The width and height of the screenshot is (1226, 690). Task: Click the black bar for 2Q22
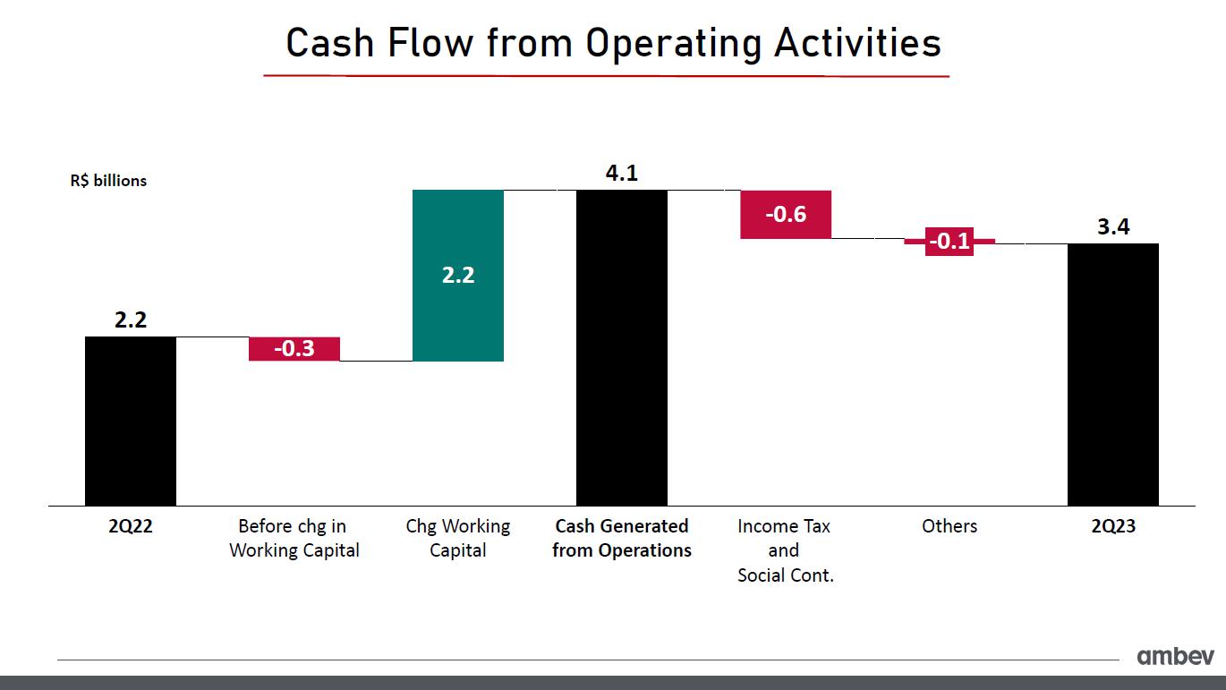(x=131, y=421)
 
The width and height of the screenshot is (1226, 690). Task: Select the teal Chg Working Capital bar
(x=458, y=276)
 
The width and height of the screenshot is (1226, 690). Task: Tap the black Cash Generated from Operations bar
(x=622, y=347)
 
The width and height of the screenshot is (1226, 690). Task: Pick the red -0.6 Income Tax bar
(x=786, y=215)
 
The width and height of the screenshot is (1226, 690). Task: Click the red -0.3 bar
(x=294, y=348)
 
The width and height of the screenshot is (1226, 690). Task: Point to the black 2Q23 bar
(x=1113, y=374)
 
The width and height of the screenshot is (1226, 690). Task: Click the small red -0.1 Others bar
(x=949, y=242)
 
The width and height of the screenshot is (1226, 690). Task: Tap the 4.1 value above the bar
(x=622, y=173)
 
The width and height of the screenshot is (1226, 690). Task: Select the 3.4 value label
(x=1114, y=226)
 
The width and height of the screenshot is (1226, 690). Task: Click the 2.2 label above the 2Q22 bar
(x=131, y=319)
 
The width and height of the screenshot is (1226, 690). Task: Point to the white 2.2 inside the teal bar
(x=458, y=275)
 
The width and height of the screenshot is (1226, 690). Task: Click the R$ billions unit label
(x=108, y=181)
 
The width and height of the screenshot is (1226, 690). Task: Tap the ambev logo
(x=1175, y=656)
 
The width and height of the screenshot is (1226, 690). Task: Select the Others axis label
(x=949, y=526)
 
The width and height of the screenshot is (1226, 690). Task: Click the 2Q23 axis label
(x=1113, y=526)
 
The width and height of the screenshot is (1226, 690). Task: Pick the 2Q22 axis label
(x=131, y=526)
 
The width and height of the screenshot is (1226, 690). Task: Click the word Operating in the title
(x=674, y=44)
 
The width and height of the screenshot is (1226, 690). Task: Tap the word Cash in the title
(x=330, y=43)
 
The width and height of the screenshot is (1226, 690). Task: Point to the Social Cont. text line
(x=786, y=575)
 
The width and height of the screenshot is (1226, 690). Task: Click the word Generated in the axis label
(x=644, y=526)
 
